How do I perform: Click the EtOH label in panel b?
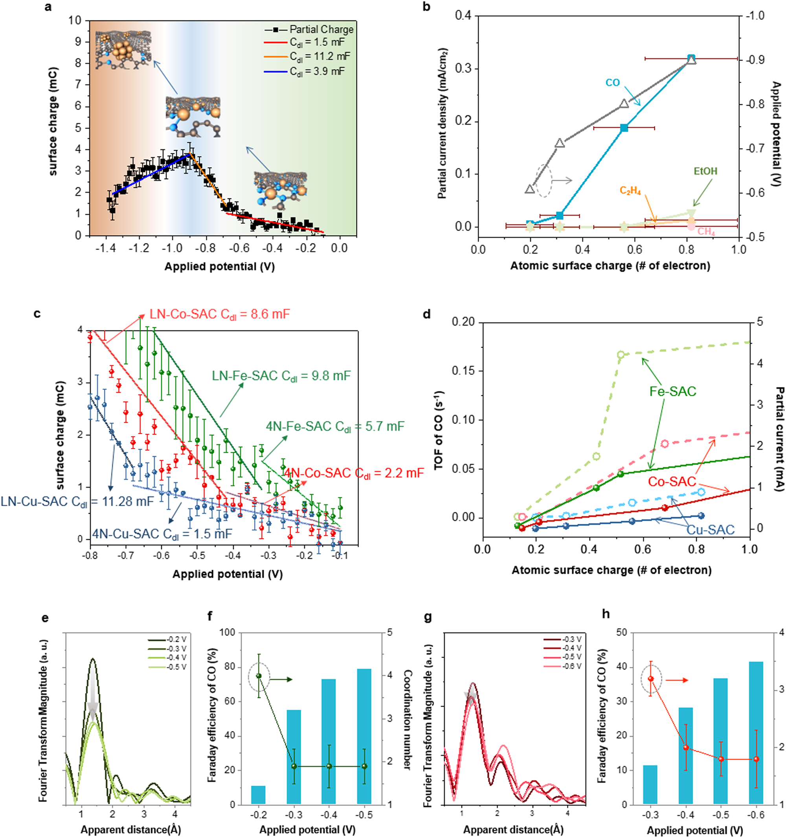705,171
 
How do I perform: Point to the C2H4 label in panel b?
630,191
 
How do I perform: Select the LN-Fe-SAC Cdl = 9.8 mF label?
281,376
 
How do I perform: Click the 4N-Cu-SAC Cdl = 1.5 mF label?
162,534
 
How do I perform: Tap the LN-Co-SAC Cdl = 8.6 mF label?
219,315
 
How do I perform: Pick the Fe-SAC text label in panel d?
673,392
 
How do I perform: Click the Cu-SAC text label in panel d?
711,529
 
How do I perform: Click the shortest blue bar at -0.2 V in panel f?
258,795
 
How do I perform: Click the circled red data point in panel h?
651,679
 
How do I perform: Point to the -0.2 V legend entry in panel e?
176,639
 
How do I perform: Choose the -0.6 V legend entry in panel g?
571,667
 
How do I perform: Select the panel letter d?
427,314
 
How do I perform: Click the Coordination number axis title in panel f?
407,719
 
